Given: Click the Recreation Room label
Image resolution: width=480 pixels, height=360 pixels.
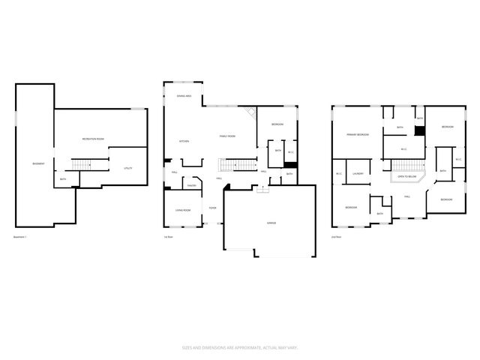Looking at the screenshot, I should pos(93,139).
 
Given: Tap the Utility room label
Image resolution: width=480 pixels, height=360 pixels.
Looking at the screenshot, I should pos(127,168).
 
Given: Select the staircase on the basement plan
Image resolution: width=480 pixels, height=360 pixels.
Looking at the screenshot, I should pos(81,164).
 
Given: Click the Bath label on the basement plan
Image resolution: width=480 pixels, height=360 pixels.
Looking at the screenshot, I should pos(63,179).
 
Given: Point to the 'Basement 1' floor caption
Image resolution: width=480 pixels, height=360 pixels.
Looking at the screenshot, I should pos(20,237).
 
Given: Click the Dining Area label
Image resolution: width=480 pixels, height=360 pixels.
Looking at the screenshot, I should pos(184,96).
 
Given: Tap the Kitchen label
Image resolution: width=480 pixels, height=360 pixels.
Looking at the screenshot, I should pos(184,141).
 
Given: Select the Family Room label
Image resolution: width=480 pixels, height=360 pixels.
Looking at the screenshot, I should pos(227,136).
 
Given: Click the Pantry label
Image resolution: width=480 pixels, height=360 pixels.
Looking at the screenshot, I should pos(192,184).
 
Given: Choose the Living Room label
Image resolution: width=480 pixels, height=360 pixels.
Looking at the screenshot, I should pos(182,210).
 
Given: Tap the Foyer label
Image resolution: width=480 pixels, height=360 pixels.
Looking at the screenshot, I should pos(213,208).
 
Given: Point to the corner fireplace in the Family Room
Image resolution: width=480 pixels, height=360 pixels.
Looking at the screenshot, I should pos(253,114).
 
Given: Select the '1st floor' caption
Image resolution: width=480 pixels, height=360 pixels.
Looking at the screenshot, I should pos(168,237).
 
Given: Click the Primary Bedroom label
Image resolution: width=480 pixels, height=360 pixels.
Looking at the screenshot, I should pos(357,134).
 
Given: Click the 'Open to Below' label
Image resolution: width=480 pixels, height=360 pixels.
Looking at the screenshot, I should pos(407,177).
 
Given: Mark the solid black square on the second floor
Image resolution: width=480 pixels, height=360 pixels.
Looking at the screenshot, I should pos(420,130).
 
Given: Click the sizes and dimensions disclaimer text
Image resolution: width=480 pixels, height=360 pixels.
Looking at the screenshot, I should pos(239,347).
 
